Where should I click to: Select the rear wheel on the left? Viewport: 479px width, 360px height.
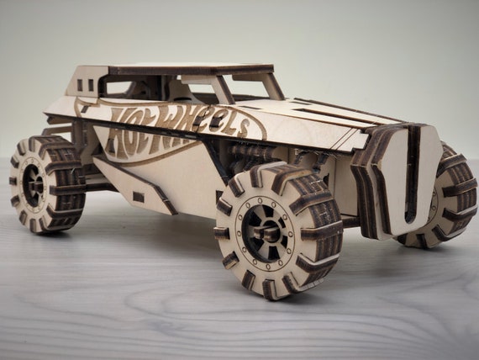point(46,183)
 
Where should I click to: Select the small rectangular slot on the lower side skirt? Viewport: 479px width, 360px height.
point(138,197)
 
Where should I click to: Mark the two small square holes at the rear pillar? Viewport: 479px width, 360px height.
point(85,85)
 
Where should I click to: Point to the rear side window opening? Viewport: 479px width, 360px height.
point(126,86)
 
